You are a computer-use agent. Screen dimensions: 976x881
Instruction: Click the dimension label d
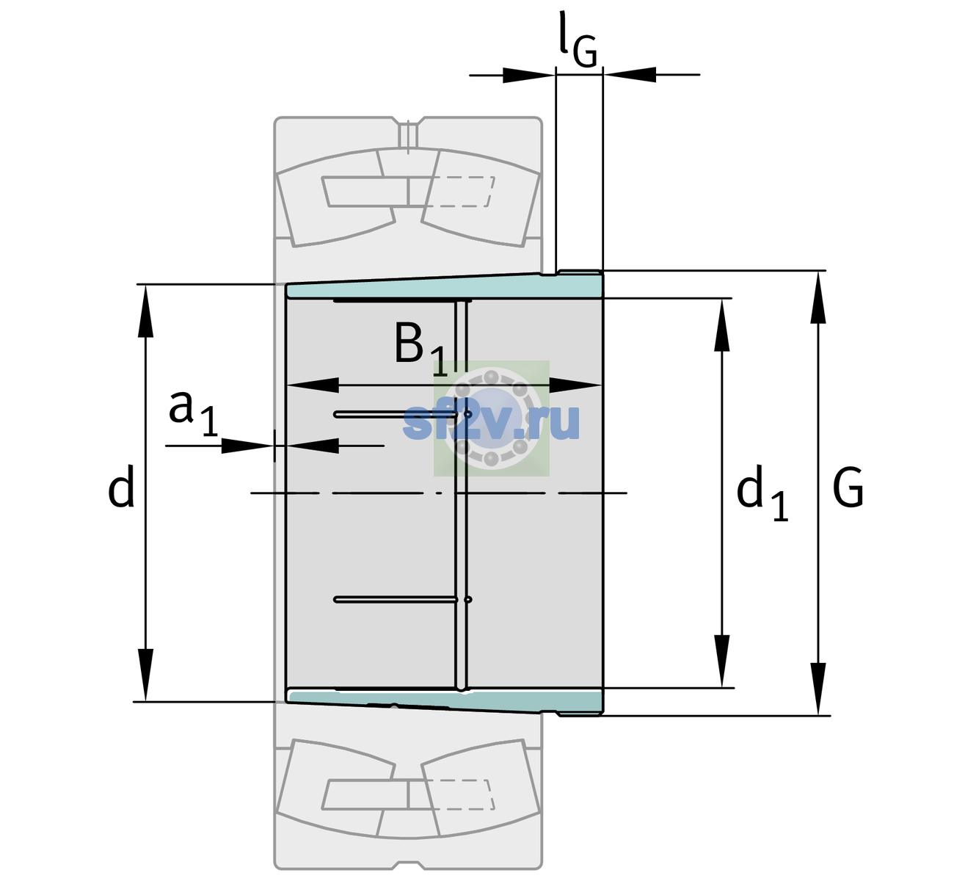tap(120, 486)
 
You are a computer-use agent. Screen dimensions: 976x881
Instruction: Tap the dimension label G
tap(848, 487)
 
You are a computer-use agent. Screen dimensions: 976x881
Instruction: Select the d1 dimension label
tap(762, 492)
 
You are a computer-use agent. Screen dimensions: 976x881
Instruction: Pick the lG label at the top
tap(578, 40)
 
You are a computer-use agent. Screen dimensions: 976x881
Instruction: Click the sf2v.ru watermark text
tap(492, 422)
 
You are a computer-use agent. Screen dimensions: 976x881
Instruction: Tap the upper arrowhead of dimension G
tap(818, 298)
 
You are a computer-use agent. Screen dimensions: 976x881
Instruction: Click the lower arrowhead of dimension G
tap(818, 688)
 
